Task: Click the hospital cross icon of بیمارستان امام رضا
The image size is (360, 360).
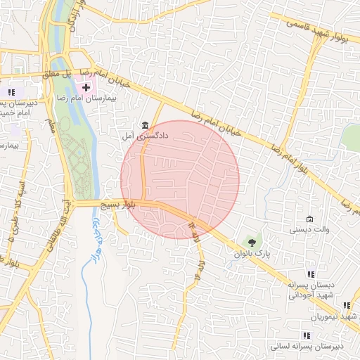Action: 86,88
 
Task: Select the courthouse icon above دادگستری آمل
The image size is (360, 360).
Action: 144,124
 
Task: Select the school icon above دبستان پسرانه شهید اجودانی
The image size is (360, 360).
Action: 311,274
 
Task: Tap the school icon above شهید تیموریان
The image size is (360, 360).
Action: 346,305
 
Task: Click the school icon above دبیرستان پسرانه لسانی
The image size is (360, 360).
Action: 307,335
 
